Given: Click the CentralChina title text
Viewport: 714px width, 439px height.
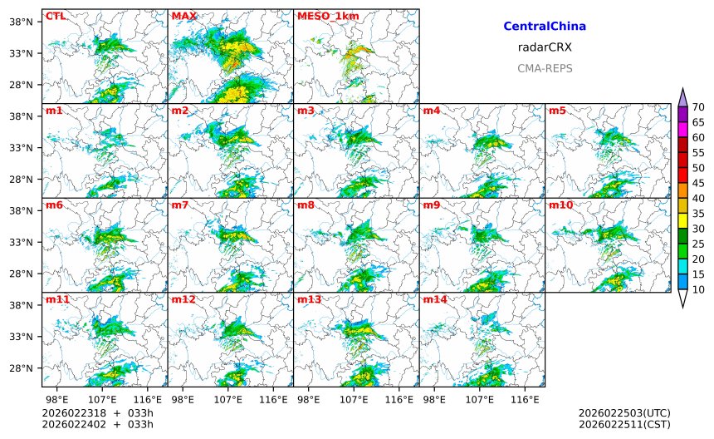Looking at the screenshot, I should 545,27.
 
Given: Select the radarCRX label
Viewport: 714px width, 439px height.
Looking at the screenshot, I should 545,47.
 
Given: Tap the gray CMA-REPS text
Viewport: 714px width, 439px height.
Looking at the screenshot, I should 545,68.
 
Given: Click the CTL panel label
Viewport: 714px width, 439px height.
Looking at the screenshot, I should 56,16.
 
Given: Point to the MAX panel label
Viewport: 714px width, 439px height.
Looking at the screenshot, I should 183,16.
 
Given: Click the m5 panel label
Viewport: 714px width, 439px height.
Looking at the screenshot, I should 557,111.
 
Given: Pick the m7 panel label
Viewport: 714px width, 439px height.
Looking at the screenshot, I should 180,205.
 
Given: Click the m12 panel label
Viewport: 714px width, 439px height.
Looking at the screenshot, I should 183,298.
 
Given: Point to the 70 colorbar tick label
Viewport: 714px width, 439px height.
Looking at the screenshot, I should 698,107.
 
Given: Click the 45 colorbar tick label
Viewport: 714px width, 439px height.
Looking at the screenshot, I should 698,184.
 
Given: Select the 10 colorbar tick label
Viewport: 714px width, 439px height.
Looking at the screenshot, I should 698,290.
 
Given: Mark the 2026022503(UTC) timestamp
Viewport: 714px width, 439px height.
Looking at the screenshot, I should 624,413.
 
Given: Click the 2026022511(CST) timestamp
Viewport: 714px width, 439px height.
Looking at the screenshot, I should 624,425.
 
